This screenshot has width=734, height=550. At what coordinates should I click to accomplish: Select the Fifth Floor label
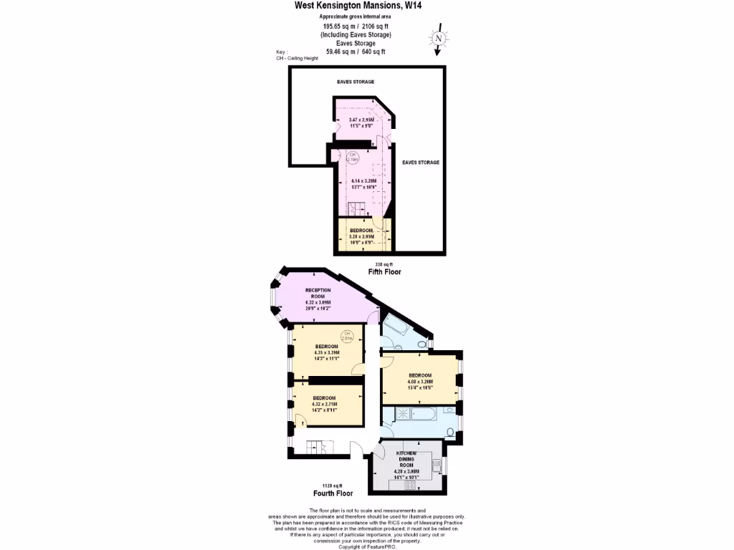click(384, 272)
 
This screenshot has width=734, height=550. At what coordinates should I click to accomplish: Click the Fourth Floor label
click(333, 493)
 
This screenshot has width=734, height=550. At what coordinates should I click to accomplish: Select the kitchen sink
click(437, 466)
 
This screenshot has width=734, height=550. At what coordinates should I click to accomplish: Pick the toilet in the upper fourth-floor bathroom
click(421, 345)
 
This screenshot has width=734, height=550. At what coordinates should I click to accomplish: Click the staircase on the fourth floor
click(316, 448)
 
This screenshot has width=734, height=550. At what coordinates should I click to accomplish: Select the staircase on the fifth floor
click(356, 208)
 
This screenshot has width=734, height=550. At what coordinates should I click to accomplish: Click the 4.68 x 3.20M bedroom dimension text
click(420, 382)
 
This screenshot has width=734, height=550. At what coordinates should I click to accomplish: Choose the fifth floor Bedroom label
click(362, 230)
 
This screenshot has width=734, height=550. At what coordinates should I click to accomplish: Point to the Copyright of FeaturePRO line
click(366, 546)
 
